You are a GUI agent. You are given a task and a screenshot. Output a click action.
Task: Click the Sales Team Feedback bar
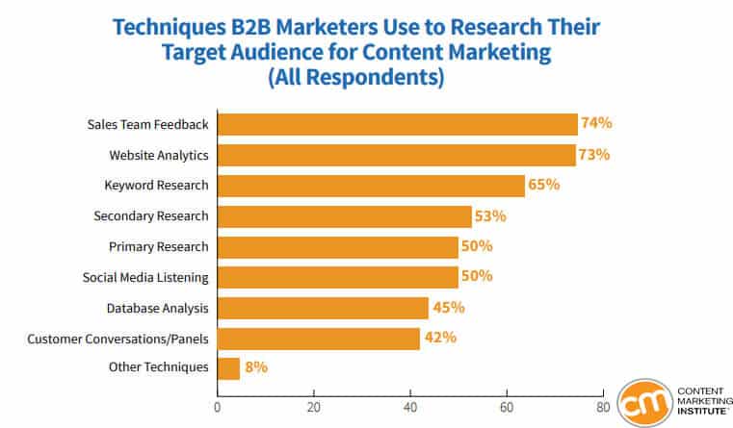pos(397,124)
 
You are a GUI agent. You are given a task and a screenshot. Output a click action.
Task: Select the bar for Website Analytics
pos(396,155)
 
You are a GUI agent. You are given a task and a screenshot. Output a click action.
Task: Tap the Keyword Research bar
pos(371,186)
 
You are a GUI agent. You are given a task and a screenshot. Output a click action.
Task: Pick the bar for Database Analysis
pos(323,308)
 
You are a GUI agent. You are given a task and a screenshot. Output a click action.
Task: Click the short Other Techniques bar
pos(228,368)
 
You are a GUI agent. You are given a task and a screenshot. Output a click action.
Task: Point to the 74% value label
pos(596,123)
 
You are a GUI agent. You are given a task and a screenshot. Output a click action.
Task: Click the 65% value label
pos(544,185)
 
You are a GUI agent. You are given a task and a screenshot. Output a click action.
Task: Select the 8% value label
pos(256,366)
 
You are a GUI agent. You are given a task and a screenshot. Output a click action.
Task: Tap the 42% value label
pos(439,338)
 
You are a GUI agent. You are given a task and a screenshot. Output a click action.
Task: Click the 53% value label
pos(490,215)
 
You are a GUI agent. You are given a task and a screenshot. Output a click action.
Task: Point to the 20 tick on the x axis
pos(313,407)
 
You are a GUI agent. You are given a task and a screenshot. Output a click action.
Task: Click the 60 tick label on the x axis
pos(507,407)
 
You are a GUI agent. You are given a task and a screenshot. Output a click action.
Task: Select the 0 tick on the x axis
pos(218,407)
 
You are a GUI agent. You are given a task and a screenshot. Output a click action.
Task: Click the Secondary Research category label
pos(151,215)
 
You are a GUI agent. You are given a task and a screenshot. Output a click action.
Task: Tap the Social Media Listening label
pos(145,277)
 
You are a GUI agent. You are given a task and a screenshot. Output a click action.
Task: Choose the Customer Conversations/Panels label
pos(118,339)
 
